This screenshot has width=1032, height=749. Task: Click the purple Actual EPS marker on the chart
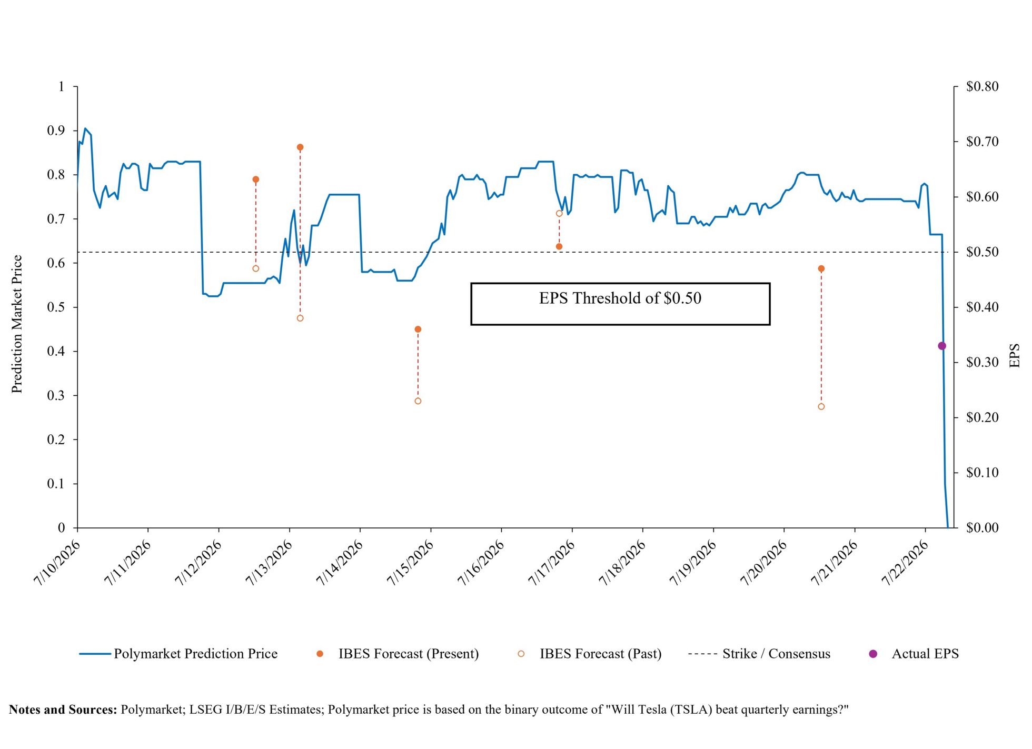click(x=942, y=346)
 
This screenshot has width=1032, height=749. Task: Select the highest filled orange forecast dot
click(x=300, y=147)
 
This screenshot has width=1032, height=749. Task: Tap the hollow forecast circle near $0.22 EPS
click(x=821, y=406)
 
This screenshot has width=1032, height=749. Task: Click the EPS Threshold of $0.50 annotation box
click(x=620, y=304)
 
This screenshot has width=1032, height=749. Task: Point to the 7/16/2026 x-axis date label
click(x=481, y=563)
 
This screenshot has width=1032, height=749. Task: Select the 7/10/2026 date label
click(x=57, y=563)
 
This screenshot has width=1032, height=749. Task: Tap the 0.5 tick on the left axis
click(x=56, y=307)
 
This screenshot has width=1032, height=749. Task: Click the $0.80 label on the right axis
click(x=982, y=86)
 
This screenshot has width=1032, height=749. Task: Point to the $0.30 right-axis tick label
click(x=982, y=362)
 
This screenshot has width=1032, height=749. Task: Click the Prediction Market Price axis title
click(x=17, y=324)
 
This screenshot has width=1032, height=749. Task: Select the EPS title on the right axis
click(x=1015, y=355)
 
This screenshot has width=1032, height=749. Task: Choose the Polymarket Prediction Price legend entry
click(x=178, y=654)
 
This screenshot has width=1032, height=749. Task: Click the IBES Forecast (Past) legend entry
click(x=590, y=654)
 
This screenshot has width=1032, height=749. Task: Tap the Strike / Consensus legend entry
click(x=759, y=654)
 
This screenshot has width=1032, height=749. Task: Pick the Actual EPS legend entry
click(x=914, y=654)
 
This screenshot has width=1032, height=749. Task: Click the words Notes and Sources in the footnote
click(x=63, y=710)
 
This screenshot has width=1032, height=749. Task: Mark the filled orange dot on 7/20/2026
click(x=821, y=268)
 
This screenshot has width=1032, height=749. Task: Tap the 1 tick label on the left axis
click(x=62, y=86)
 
